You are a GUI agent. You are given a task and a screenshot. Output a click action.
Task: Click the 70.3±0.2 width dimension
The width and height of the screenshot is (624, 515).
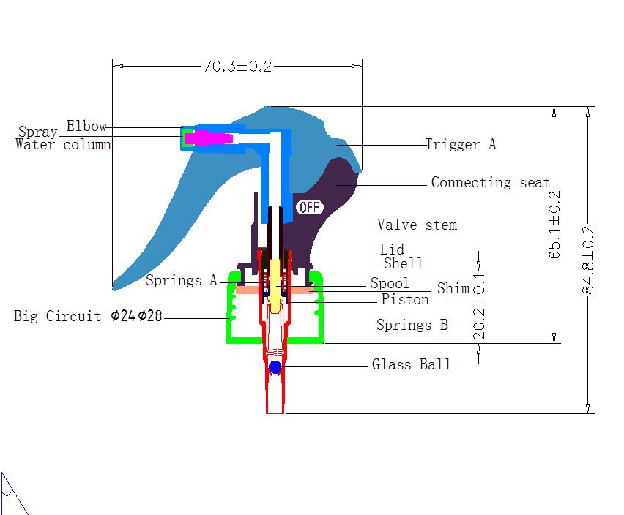[x=237, y=67]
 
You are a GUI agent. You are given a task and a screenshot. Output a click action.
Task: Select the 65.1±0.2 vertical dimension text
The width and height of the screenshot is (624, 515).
[x=554, y=225]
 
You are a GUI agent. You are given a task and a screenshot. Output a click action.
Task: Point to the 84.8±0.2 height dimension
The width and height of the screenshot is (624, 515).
[x=588, y=260]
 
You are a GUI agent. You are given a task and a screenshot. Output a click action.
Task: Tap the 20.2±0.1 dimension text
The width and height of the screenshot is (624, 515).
[x=479, y=307]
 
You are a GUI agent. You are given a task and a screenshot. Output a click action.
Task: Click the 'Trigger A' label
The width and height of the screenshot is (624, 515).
[x=461, y=144]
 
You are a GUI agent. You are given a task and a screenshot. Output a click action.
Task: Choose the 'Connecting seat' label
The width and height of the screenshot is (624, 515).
[x=490, y=182]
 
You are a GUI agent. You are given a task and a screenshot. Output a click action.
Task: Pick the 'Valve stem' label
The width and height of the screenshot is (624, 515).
[x=417, y=225]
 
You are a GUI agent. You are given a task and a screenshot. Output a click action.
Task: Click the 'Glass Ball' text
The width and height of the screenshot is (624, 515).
[x=412, y=364]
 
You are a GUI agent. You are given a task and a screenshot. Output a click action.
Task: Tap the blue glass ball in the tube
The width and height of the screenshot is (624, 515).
[x=275, y=367]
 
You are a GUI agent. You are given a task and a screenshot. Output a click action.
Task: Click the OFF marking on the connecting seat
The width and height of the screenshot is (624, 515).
[x=309, y=207]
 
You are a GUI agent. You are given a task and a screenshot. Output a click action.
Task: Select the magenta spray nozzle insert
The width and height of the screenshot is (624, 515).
[x=208, y=138]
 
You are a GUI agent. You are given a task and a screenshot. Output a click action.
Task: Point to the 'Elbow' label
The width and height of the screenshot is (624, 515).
[x=86, y=126]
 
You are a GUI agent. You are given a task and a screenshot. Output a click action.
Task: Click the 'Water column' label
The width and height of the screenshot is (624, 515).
[x=63, y=144]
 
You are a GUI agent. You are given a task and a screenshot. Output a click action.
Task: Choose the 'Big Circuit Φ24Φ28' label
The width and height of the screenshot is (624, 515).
[x=88, y=316]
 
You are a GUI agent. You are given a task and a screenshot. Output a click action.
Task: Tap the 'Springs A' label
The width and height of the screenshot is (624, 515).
[x=182, y=280]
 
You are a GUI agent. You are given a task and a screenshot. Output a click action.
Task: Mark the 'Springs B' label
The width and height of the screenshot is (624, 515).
[x=412, y=325]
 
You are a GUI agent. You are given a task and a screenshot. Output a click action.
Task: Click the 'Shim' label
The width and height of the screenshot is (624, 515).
[x=453, y=288]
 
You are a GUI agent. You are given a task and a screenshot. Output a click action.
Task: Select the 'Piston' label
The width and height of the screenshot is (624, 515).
[x=405, y=299]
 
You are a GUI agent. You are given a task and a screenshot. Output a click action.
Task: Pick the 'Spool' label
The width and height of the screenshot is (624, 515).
[x=390, y=283]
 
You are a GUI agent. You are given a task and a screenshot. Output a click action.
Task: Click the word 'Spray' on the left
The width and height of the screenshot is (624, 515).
[x=38, y=132]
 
